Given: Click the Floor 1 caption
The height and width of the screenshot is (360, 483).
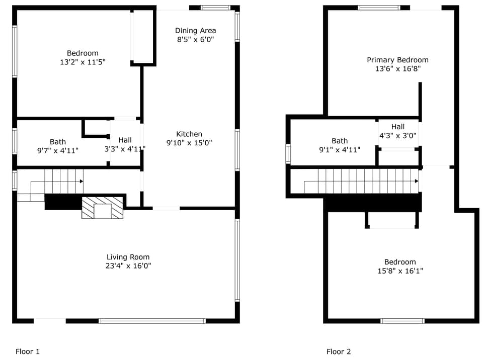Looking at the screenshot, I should (28, 351).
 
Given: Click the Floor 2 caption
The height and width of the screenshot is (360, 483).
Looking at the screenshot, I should (339, 351).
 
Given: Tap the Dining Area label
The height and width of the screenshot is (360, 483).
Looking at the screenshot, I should (195, 31).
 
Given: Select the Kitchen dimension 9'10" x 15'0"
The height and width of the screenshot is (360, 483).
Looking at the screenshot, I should (189, 143).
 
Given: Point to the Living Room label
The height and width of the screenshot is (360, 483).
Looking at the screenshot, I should (128, 257).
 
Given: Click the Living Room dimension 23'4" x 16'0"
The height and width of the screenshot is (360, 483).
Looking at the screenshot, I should (128, 266).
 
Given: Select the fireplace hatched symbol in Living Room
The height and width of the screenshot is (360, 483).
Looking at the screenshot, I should (103, 208).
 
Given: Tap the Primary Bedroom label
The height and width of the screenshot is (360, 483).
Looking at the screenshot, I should (397, 60).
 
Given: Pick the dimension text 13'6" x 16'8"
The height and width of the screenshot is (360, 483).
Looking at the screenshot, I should (397, 69).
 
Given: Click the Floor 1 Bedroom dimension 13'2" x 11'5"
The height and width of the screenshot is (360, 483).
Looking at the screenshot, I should (83, 62).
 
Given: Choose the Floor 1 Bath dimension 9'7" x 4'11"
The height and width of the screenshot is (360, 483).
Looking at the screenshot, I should (57, 151).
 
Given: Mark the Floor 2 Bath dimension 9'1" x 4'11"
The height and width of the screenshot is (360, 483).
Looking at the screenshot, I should (339, 150).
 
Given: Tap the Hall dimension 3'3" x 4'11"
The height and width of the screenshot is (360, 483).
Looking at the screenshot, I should (125, 149).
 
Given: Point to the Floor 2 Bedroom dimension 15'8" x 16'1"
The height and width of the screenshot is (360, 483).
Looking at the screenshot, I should (400, 271).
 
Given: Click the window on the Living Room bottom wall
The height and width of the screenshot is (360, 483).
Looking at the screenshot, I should (152, 321).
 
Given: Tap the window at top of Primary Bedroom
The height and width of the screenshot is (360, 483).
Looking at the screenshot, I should (379, 8).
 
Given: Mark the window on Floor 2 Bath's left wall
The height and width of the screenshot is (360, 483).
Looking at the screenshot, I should (288, 154).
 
